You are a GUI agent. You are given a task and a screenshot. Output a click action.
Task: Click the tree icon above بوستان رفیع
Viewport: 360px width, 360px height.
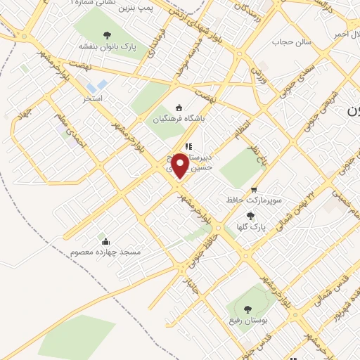pos(247,309)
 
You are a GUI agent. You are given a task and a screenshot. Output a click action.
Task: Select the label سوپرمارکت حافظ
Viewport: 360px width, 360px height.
pos(254,200)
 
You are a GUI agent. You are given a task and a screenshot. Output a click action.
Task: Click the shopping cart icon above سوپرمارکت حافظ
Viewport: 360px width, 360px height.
pos(254,188)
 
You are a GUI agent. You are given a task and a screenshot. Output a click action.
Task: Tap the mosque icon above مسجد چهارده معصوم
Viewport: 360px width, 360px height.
pos(104,238)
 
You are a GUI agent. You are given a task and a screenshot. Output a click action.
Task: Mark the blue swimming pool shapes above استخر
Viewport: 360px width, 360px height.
pos(101,86)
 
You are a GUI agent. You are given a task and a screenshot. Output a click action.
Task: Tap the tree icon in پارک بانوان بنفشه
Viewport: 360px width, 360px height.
pos(107,35)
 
